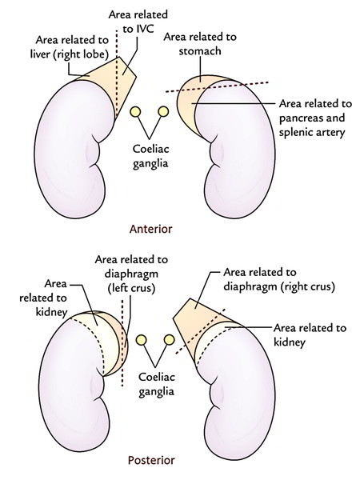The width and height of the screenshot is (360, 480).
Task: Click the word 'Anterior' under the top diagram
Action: coord(151,229)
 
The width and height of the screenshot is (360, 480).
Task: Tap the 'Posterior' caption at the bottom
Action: coord(151,460)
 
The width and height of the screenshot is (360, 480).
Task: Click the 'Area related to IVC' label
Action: coord(138,22)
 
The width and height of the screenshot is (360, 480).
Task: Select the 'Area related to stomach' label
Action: coord(200,43)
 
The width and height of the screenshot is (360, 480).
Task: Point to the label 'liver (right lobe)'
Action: coord(70,54)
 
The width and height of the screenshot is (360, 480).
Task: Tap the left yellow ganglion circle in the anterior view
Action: coord(136,112)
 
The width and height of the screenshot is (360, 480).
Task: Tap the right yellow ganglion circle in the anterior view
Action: coord(163,111)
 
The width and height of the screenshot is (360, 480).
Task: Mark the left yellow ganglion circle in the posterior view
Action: coord(141,340)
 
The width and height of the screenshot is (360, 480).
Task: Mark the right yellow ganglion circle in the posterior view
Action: coord(169,339)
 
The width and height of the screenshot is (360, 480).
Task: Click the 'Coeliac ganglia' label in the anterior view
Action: coord(150,156)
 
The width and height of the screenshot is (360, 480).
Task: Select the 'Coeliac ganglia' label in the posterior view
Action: coord(157,385)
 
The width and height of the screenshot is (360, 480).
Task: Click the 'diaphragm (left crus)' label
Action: coord(131,281)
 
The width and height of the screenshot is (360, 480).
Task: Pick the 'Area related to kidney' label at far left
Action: coord(43,298)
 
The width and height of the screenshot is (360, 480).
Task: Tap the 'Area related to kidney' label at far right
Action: coord(310,334)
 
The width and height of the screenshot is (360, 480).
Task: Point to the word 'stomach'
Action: coord(200,51)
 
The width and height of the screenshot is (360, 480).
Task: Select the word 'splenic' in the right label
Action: coord(296,132)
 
